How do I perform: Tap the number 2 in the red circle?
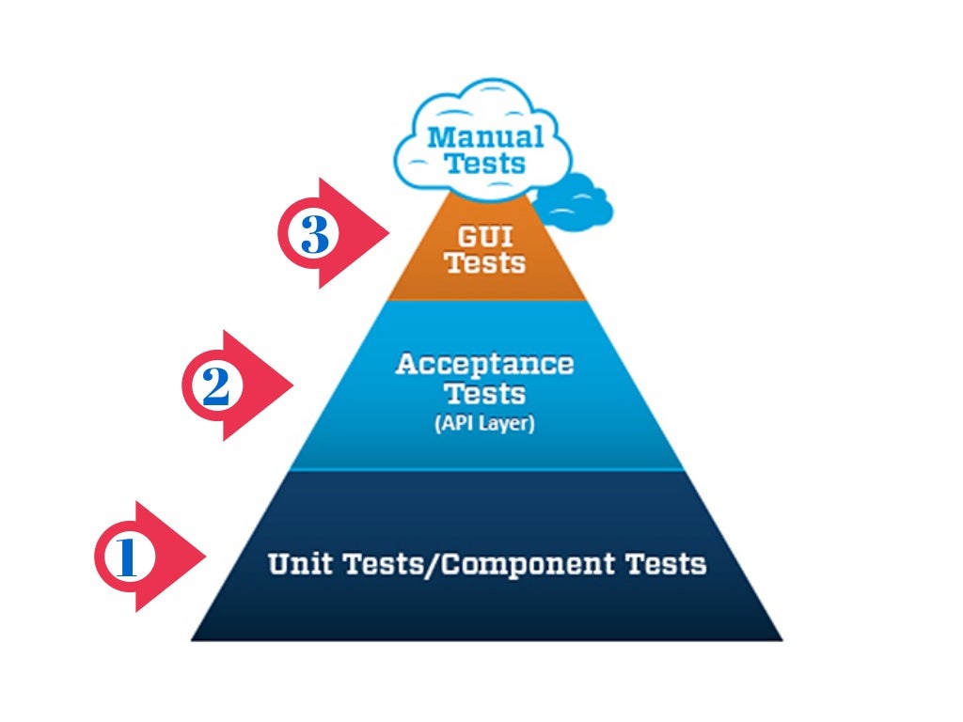click(215, 386)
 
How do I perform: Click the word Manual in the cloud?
click(485, 137)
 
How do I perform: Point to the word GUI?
click(485, 235)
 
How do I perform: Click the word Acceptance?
click(484, 364)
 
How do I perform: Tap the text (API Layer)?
click(484, 424)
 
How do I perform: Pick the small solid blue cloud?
click(576, 199)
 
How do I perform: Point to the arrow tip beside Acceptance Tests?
click(293, 385)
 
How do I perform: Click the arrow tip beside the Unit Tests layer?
click(205, 557)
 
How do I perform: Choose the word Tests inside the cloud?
click(485, 164)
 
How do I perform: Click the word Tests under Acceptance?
click(484, 393)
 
